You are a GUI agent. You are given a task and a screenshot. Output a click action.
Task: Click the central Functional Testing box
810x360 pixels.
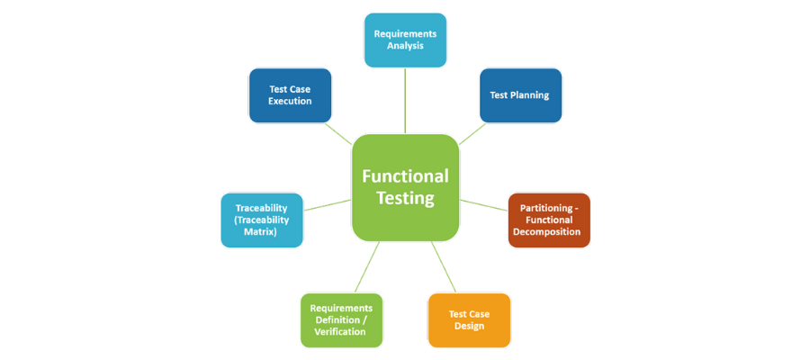[405, 187]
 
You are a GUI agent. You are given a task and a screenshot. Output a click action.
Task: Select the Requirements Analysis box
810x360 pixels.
[405, 40]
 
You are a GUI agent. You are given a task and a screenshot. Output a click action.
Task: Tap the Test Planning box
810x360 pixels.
[520, 94]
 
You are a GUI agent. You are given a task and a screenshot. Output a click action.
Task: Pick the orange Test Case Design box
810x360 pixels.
[469, 319]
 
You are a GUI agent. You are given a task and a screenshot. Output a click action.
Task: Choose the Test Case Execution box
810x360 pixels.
[290, 94]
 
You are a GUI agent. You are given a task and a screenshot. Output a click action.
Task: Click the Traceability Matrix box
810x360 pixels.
[262, 220]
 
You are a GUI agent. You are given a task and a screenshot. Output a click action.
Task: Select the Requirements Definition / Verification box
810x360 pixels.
[340, 319]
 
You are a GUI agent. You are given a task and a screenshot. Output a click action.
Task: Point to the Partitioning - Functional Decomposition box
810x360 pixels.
[549, 220]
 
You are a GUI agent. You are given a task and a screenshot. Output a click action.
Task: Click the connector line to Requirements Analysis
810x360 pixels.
[405, 100]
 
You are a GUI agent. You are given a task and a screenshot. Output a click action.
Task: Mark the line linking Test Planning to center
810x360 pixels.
[472, 133]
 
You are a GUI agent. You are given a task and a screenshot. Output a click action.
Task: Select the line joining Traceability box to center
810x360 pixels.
[328, 204]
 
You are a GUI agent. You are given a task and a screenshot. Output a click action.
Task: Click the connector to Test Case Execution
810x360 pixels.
[339, 133]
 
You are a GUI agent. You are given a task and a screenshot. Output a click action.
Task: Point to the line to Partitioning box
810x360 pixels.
[484, 204]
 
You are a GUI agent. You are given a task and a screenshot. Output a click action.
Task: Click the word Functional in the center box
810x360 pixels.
[405, 175]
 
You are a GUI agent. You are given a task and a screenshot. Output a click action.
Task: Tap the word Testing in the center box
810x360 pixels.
[405, 198]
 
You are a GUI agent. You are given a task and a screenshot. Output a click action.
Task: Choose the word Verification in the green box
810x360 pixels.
[340, 331]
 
